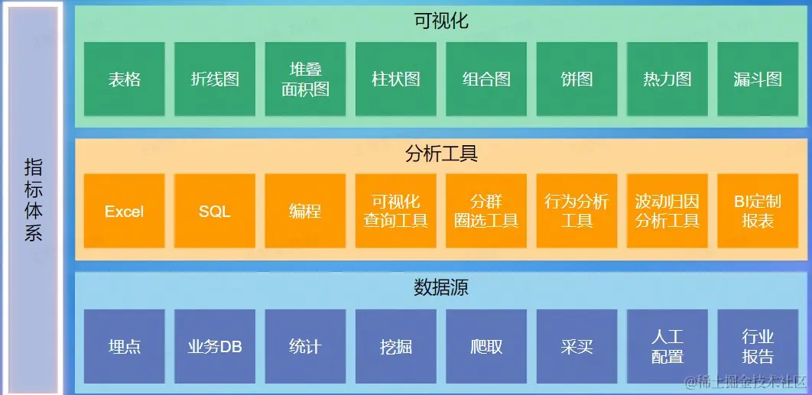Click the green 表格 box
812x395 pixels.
(x=125, y=79)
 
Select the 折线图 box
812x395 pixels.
(x=215, y=79)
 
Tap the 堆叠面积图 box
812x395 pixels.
(x=305, y=79)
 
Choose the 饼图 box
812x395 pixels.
(x=577, y=79)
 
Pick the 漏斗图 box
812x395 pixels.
(x=757, y=79)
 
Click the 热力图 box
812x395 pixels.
(x=667, y=79)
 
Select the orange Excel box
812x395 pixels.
(x=125, y=212)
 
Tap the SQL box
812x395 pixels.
(x=215, y=212)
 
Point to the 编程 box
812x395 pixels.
(x=305, y=212)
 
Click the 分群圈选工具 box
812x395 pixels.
(x=486, y=212)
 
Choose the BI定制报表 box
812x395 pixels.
(x=757, y=212)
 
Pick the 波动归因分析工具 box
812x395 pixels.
(x=667, y=212)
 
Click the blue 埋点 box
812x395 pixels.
(x=125, y=346)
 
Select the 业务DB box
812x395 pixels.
(x=215, y=346)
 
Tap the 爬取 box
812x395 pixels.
(x=486, y=346)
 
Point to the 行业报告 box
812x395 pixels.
(x=757, y=346)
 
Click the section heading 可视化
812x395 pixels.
(x=441, y=21)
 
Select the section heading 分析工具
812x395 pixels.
(x=441, y=154)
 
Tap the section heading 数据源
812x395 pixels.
(x=441, y=287)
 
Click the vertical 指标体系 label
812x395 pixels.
(x=34, y=199)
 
